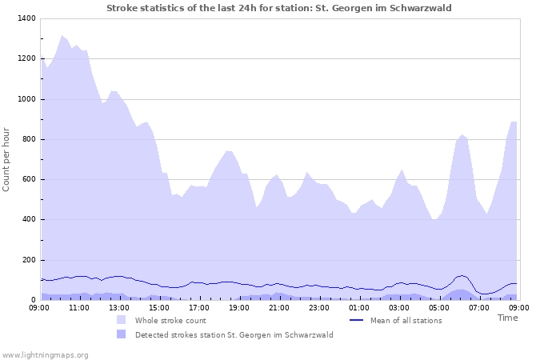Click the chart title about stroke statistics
click(279, 8)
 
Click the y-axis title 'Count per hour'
click(7, 158)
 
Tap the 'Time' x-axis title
click(507, 318)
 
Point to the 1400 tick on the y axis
click(26, 18)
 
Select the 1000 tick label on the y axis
click(26, 99)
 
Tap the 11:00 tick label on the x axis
click(79, 307)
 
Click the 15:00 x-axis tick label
click(159, 307)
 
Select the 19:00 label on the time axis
click(239, 307)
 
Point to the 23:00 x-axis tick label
click(319, 307)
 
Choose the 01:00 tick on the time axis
click(359, 307)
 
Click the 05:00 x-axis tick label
click(439, 307)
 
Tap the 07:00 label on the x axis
click(479, 307)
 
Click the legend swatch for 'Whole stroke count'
click(121, 320)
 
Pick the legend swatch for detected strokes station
click(121, 334)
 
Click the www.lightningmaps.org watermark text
click(45, 354)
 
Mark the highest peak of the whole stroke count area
click(62, 36)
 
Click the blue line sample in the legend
click(357, 320)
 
